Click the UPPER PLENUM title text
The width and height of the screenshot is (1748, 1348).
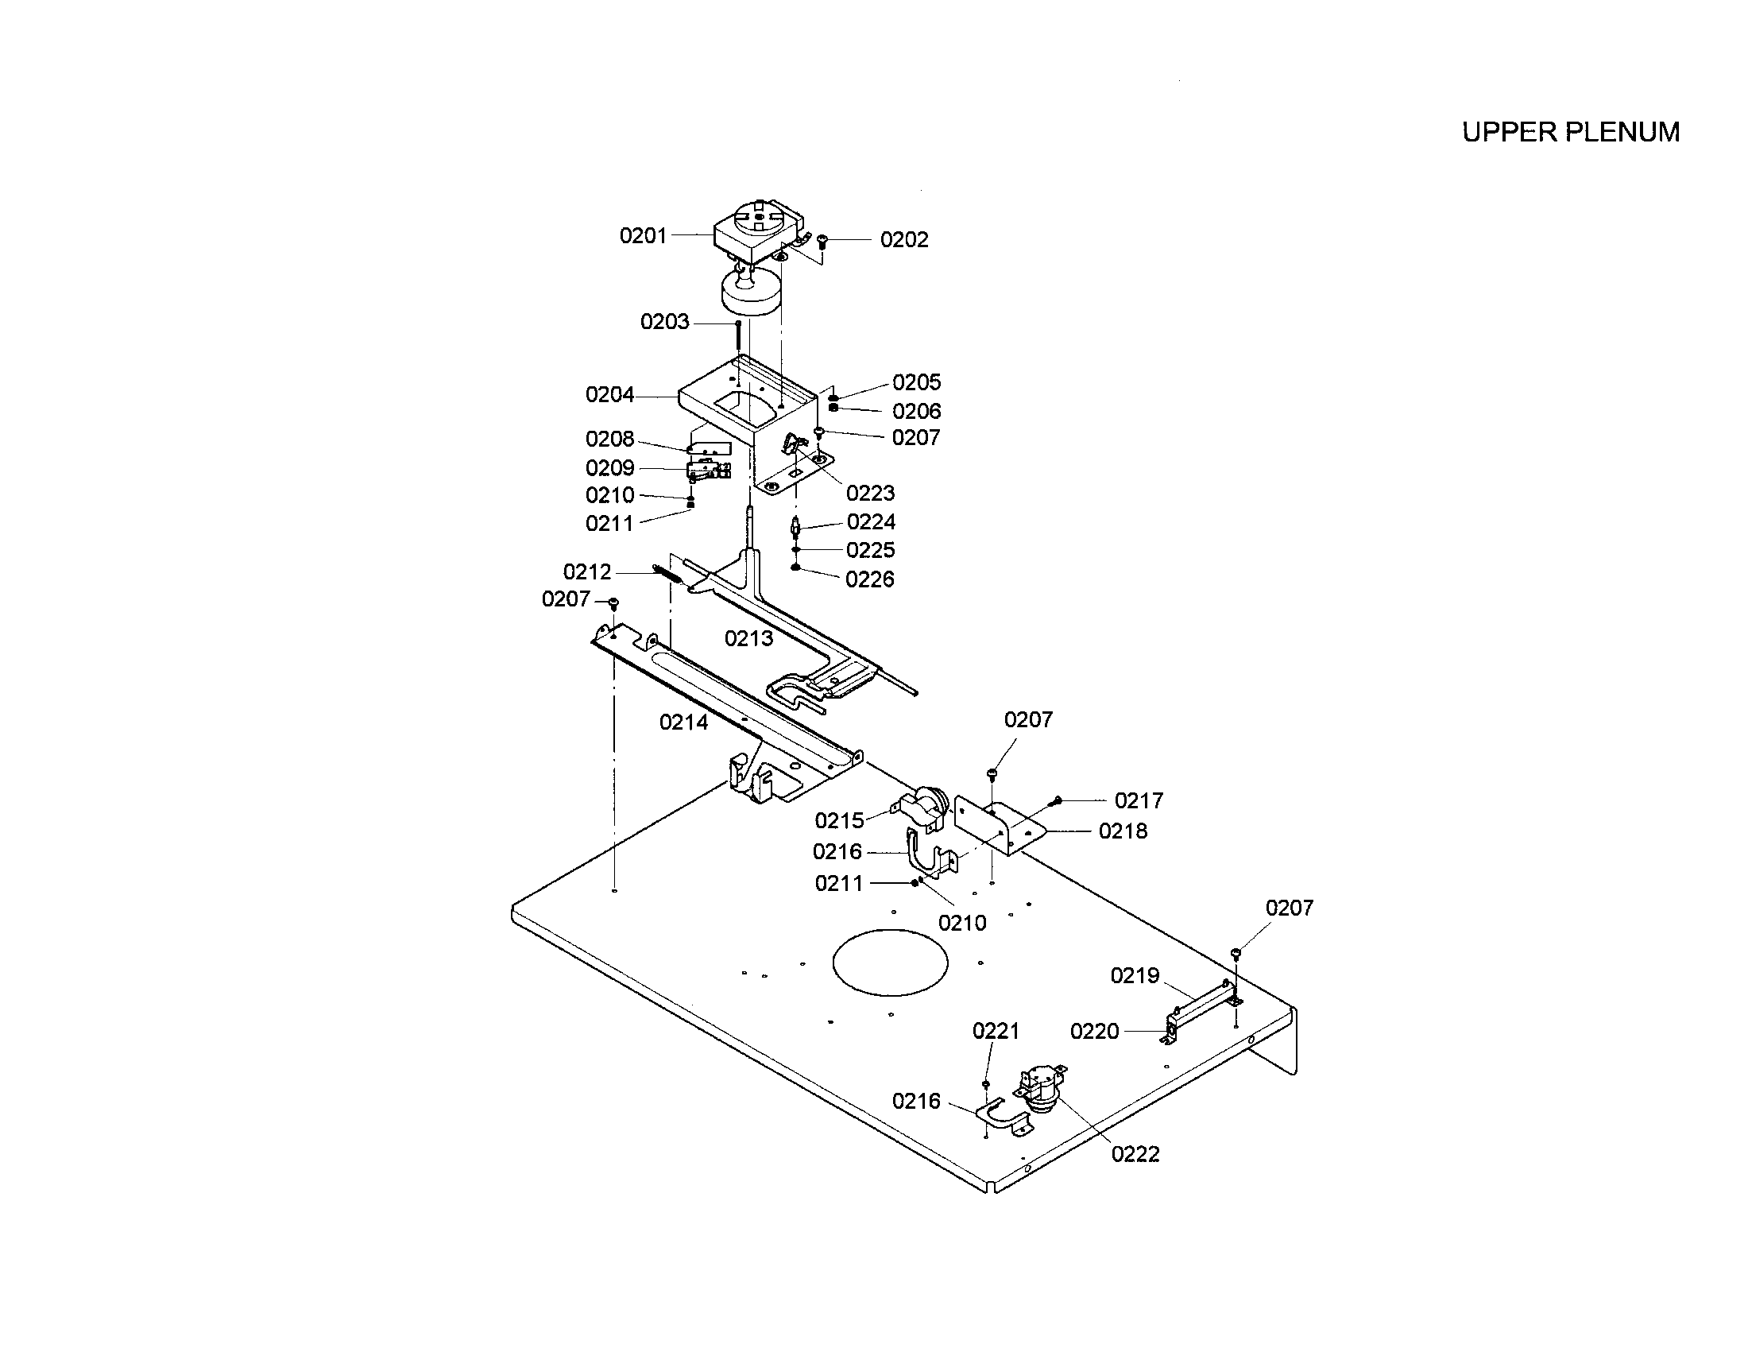click(1569, 132)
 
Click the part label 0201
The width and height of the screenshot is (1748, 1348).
click(643, 235)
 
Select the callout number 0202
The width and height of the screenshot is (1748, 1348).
click(903, 239)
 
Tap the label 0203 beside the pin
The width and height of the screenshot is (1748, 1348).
click(664, 322)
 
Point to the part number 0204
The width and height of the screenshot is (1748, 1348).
click(609, 395)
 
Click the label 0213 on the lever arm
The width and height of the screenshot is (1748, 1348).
click(748, 638)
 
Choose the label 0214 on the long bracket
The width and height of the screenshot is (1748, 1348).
click(683, 722)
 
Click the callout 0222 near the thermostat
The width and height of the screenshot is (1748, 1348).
click(1135, 1153)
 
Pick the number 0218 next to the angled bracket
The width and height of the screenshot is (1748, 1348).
click(1122, 831)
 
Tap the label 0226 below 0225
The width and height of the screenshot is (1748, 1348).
click(869, 579)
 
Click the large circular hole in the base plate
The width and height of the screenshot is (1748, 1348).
click(890, 963)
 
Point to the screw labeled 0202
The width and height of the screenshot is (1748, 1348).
click(823, 241)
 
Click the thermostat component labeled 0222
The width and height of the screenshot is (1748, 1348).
click(1040, 1090)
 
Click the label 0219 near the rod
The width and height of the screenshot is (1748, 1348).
click(1134, 975)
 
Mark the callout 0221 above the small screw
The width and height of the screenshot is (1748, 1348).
click(995, 1030)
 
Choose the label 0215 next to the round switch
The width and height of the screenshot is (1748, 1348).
click(839, 819)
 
